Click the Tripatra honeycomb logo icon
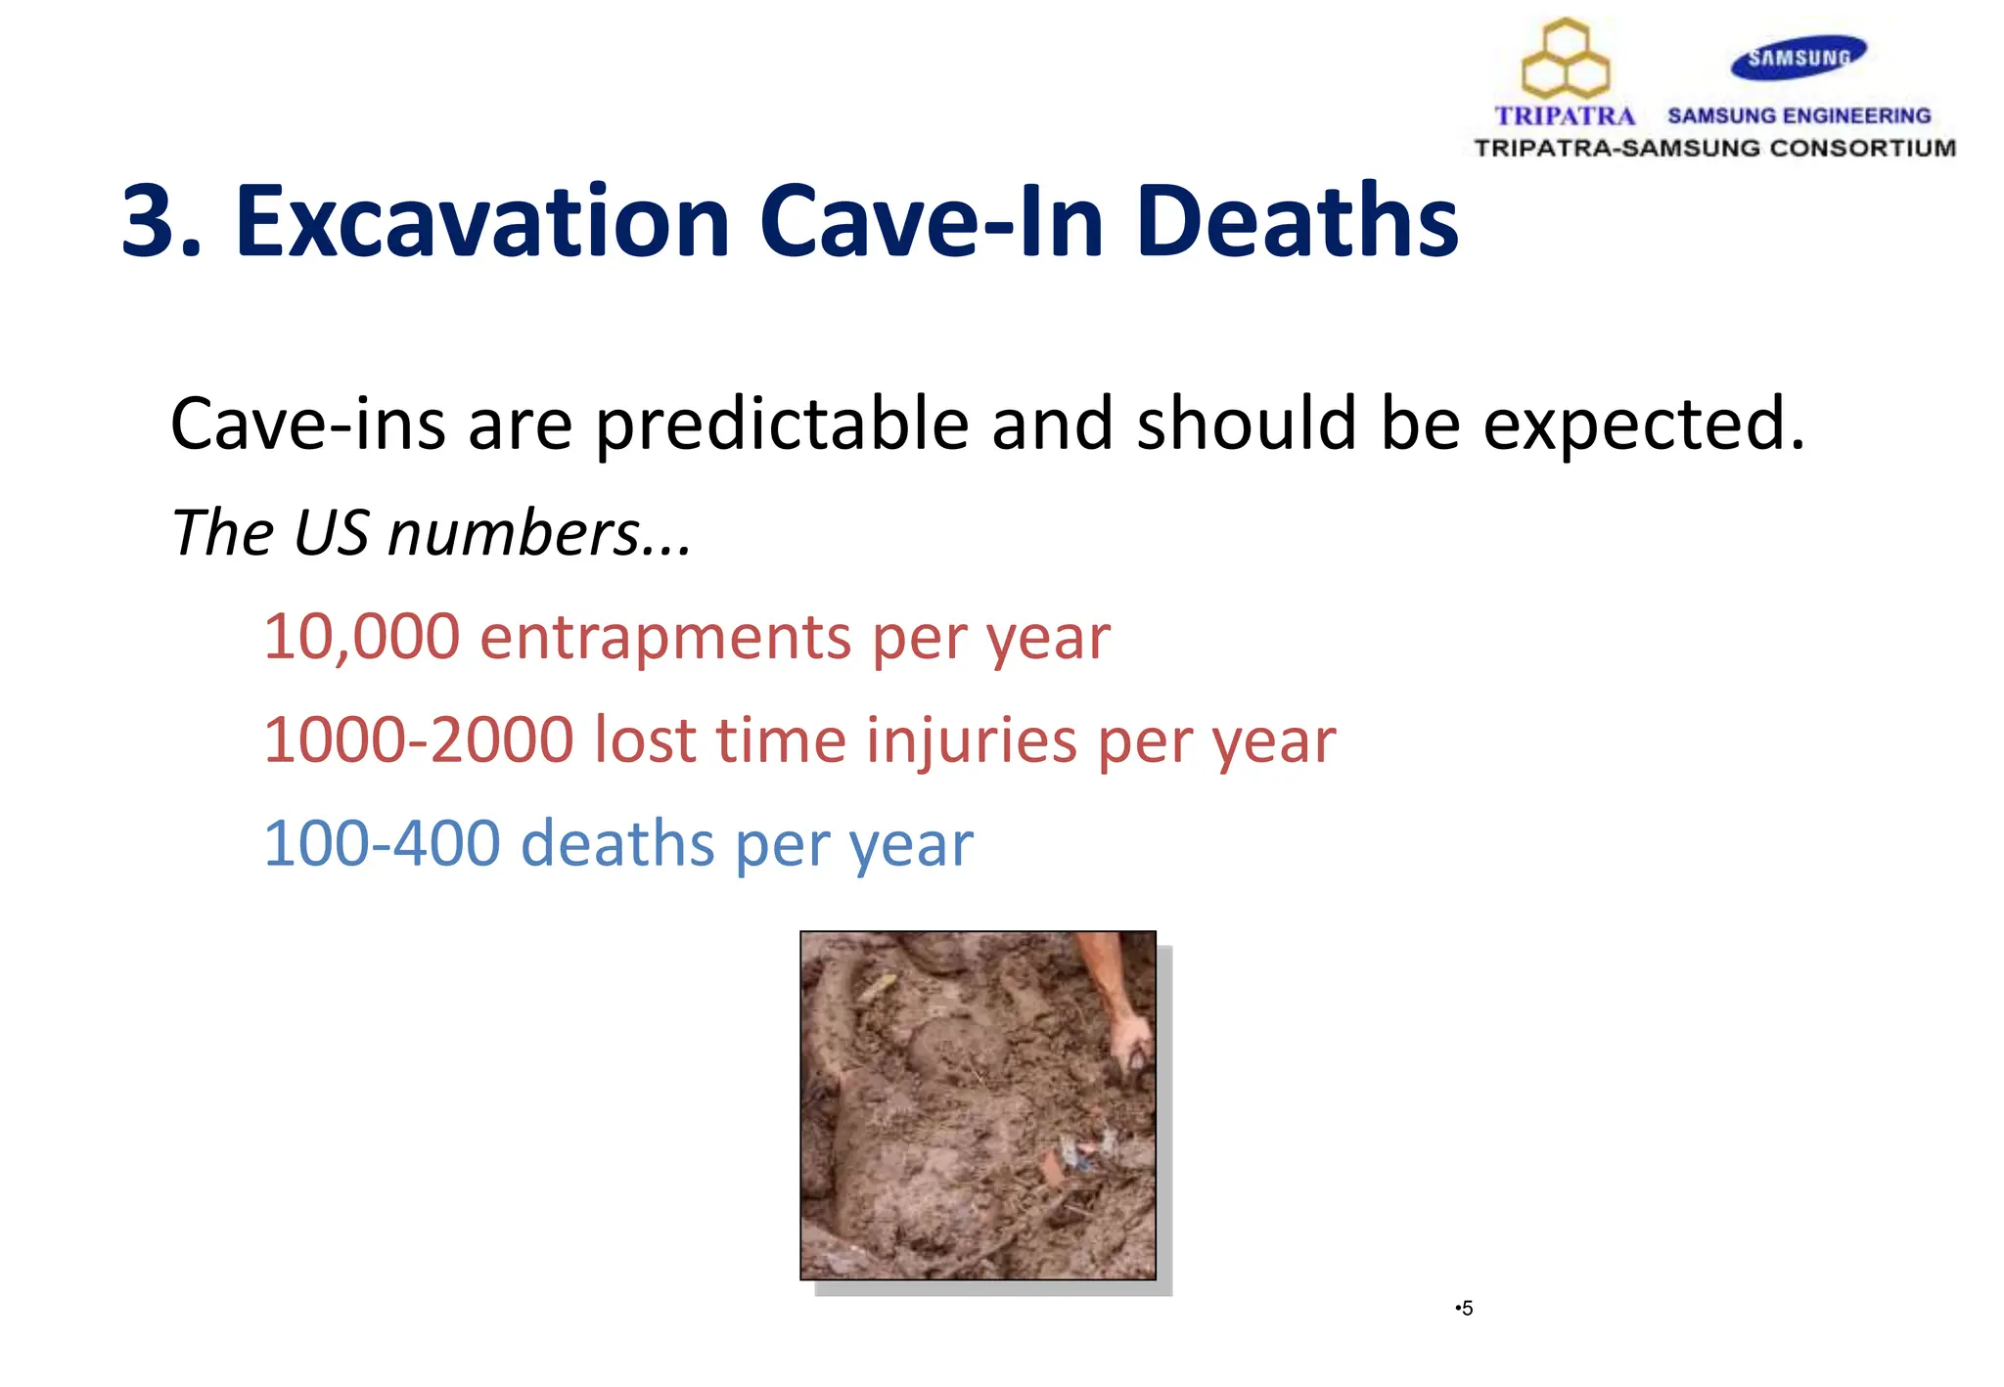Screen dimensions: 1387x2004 pyautogui.click(x=1566, y=59)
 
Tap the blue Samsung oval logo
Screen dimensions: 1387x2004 pyautogui.click(x=1799, y=58)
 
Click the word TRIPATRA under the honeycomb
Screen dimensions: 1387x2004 pyautogui.click(x=1565, y=116)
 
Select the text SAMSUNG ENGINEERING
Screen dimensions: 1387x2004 pyautogui.click(x=1799, y=116)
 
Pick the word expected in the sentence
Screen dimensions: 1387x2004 pyautogui.click(x=1642, y=425)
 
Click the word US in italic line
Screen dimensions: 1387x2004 pyautogui.click(x=331, y=534)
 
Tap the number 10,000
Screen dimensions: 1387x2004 pyautogui.click(x=361, y=637)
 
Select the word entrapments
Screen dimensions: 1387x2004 pyautogui.click(x=665, y=637)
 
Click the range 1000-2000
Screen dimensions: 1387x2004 pyautogui.click(x=418, y=739)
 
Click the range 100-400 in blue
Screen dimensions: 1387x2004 pyautogui.click(x=382, y=843)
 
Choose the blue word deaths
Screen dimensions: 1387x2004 pyautogui.click(x=617, y=843)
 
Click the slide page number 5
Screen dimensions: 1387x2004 pyautogui.click(x=1466, y=1309)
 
